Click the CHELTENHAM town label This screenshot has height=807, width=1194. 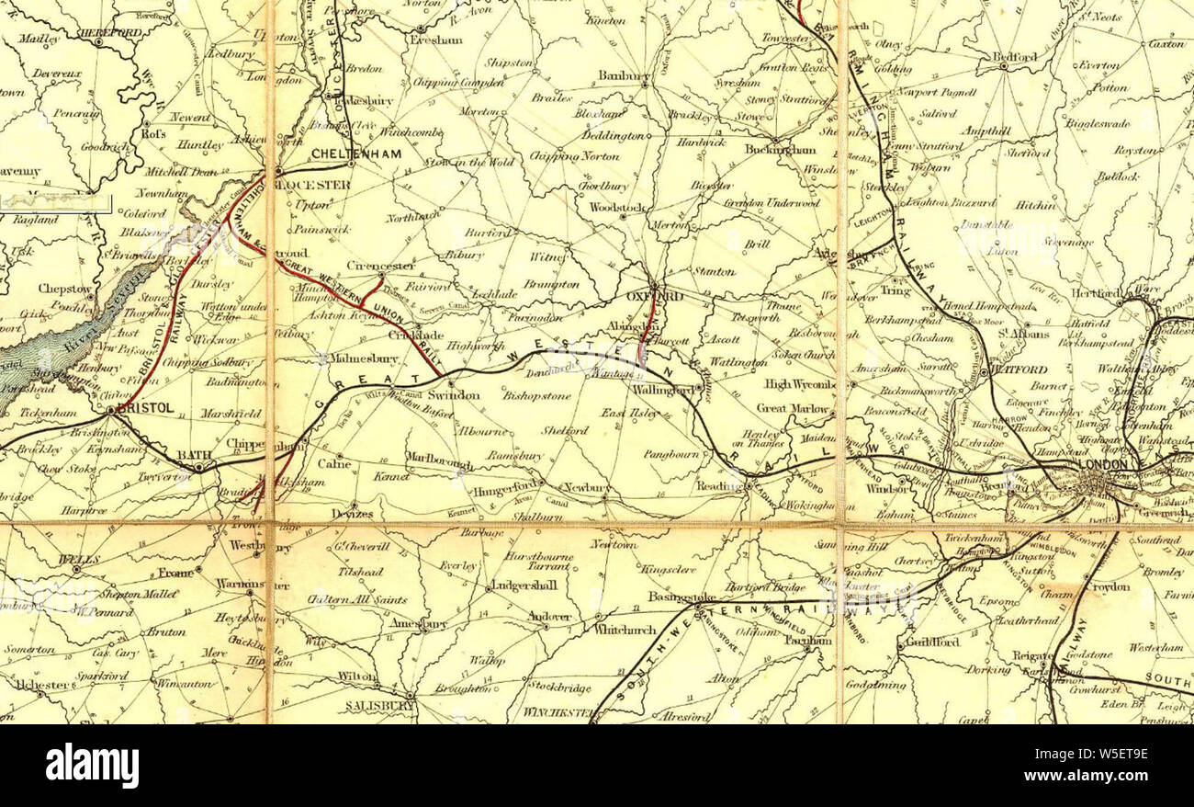pyautogui.click(x=356, y=154)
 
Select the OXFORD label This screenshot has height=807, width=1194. pyautogui.click(x=655, y=297)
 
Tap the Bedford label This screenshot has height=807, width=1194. pyautogui.click(x=1014, y=57)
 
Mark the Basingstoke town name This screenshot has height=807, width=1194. pyautogui.click(x=675, y=598)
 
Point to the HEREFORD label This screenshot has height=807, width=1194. pyautogui.click(x=110, y=33)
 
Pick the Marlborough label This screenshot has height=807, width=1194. pyautogui.click(x=439, y=463)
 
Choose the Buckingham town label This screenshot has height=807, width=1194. pyautogui.click(x=780, y=149)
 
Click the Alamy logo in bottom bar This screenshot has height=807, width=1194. pyautogui.click(x=92, y=766)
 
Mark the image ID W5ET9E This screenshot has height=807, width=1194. pyautogui.click(x=1098, y=756)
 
